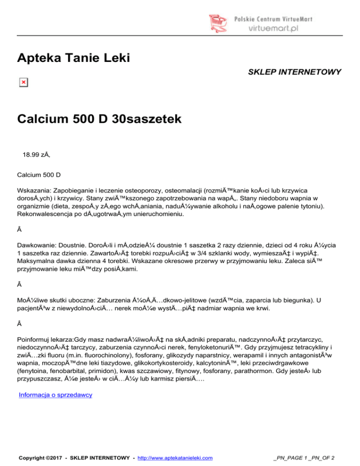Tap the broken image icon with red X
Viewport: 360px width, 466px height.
click(x=23, y=83)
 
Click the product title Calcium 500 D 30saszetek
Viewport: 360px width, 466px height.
click(x=99, y=120)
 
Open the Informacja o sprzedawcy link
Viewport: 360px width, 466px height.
click(x=55, y=395)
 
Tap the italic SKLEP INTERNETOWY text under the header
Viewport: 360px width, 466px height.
click(x=294, y=72)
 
